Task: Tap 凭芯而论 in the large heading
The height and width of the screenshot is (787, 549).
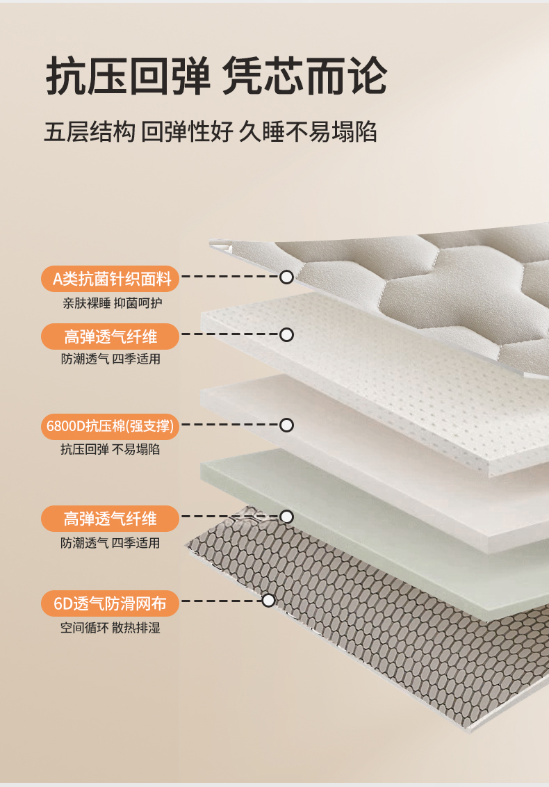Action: pyautogui.click(x=304, y=76)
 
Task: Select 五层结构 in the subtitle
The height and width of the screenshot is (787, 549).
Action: pyautogui.click(x=90, y=132)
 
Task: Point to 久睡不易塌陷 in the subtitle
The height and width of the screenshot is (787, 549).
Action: pyautogui.click(x=308, y=132)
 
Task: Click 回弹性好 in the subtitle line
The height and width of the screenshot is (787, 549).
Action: pyautogui.click(x=187, y=132)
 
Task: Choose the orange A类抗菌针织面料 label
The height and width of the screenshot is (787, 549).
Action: pyautogui.click(x=110, y=279)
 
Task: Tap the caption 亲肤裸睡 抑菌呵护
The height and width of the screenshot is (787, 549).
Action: pyautogui.click(x=112, y=303)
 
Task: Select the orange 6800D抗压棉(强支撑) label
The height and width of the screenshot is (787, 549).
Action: pyautogui.click(x=110, y=426)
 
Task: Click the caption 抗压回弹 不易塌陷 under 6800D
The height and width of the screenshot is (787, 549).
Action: pyautogui.click(x=110, y=449)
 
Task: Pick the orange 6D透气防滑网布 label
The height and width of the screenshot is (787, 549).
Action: pyautogui.click(x=110, y=603)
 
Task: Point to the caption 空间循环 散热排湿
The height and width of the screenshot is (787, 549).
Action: pyautogui.click(x=110, y=628)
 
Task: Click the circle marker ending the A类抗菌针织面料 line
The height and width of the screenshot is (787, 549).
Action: pyautogui.click(x=286, y=277)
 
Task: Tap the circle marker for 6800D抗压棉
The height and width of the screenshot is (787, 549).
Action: pyautogui.click(x=286, y=425)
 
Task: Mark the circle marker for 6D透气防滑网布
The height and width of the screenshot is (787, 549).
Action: pyautogui.click(x=269, y=600)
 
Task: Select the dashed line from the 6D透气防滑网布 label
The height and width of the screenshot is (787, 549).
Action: pyautogui.click(x=222, y=601)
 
